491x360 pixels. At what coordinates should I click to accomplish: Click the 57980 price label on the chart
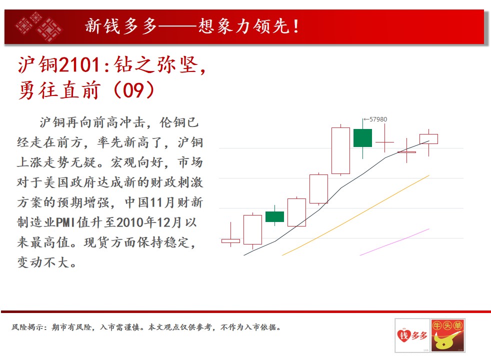click(x=378, y=119)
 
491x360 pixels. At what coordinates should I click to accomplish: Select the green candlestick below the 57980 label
click(x=362, y=137)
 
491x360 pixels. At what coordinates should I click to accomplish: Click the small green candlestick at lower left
click(x=274, y=216)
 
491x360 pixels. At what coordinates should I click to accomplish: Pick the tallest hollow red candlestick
click(x=340, y=150)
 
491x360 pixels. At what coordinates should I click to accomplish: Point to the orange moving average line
click(x=355, y=215)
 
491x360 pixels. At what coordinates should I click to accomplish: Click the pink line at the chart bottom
click(x=394, y=242)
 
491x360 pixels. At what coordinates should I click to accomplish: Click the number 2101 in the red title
click(x=80, y=64)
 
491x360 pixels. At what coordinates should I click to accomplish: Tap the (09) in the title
click(x=133, y=90)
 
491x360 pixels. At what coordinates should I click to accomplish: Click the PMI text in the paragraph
click(x=65, y=222)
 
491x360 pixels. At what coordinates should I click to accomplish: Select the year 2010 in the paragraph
click(x=130, y=222)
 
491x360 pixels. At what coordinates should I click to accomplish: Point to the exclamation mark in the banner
click(x=295, y=26)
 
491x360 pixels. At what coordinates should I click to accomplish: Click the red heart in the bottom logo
click(x=404, y=335)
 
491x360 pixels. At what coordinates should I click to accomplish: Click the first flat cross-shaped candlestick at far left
click(x=231, y=240)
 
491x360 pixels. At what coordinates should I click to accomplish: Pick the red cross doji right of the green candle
click(x=384, y=142)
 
